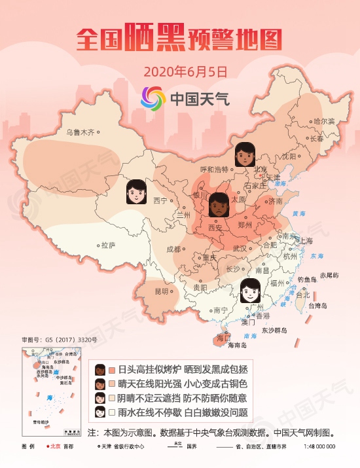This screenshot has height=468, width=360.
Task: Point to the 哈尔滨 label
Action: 323,121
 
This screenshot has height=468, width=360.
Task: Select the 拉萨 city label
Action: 108,245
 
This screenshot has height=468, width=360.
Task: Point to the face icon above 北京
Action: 244,154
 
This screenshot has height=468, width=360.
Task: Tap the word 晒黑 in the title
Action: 155,39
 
